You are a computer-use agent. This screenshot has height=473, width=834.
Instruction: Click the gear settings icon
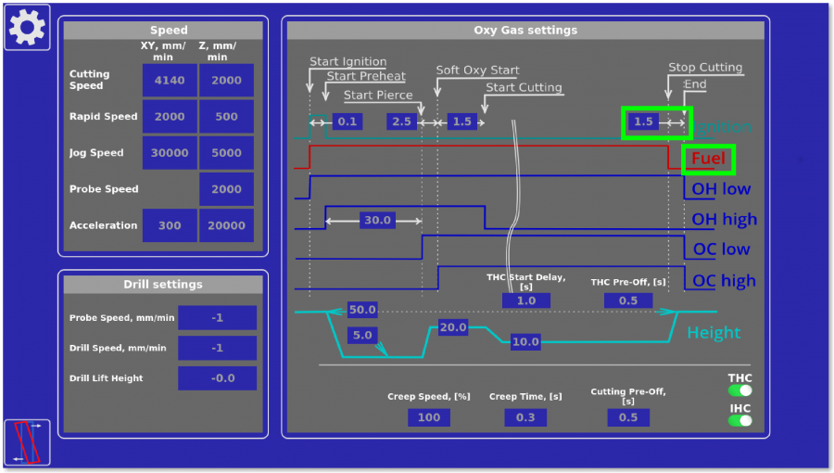27,27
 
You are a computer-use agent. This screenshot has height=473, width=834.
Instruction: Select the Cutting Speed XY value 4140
170,81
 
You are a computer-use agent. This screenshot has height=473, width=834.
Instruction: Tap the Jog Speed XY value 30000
170,153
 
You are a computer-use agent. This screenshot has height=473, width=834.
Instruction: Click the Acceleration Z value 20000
226,225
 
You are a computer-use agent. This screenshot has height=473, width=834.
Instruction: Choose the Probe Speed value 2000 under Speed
226,189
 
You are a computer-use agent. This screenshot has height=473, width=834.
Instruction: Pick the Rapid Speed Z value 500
226,117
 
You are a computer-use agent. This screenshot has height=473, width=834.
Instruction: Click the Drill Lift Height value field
217,378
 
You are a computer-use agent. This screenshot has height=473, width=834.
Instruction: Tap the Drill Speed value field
217,348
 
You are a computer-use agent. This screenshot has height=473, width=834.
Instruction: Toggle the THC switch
739,390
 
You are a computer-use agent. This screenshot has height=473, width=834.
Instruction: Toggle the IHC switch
739,420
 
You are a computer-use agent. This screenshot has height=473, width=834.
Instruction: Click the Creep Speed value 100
429,417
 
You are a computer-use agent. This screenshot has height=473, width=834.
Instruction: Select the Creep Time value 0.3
525,417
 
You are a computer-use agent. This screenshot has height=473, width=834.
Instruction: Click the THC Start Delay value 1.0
525,300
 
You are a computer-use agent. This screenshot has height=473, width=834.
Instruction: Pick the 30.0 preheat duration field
377,221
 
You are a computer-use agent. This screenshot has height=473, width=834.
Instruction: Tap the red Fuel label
708,159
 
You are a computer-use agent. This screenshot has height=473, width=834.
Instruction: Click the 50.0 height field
362,310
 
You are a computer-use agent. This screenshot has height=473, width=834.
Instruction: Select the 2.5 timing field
402,121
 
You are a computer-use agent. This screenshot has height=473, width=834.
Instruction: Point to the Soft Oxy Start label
477,70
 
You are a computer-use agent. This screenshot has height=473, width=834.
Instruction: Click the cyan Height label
713,333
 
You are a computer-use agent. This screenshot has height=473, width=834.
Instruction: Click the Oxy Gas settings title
525,31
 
